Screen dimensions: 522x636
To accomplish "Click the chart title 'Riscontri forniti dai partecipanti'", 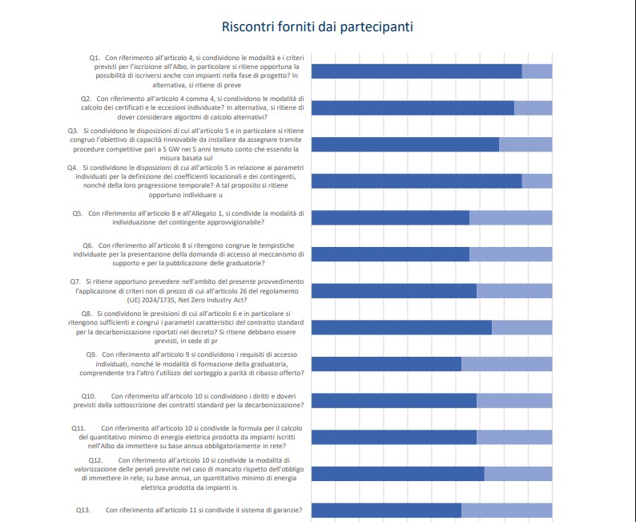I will [x=317, y=27].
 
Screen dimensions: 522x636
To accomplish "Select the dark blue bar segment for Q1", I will [x=416, y=71].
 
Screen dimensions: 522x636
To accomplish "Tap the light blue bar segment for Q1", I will [x=537, y=71].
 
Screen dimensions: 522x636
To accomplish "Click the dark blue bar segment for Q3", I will [x=405, y=144].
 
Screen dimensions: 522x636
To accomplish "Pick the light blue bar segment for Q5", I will [x=510, y=217].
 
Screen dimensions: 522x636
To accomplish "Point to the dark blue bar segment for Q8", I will [x=401, y=327].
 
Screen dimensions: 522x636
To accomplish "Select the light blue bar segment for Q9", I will [x=506, y=363].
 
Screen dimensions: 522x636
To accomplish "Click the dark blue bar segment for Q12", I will [x=397, y=473].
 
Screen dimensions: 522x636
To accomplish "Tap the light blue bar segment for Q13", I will [x=506, y=510].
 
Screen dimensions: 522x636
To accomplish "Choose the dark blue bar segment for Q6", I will [x=389, y=254].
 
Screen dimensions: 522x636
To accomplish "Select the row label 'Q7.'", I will [x=77, y=281].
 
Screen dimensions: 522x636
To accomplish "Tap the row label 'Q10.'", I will [x=88, y=396].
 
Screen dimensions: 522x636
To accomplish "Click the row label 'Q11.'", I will [x=78, y=427].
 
